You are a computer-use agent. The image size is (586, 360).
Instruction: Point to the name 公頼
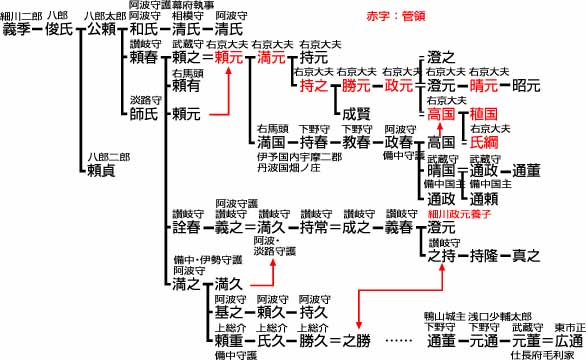click(x=102, y=29)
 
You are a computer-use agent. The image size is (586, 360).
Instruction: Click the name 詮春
click(x=186, y=228)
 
